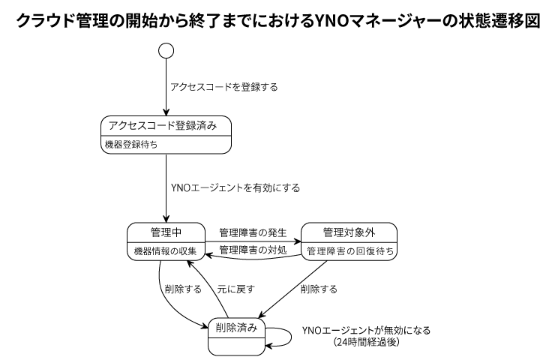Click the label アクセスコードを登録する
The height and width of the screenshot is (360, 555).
(x=224, y=87)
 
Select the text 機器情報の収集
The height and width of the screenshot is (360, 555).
(x=160, y=250)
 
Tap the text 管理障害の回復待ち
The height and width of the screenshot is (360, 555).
(x=349, y=250)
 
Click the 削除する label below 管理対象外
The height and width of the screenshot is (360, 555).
(x=318, y=287)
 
